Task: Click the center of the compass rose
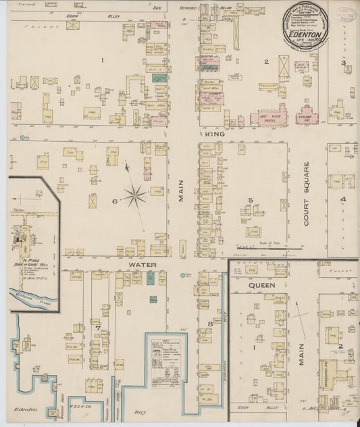click(x=136, y=196)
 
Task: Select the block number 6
click(x=115, y=201)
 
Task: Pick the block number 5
click(x=251, y=200)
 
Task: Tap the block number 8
click(x=210, y=324)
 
